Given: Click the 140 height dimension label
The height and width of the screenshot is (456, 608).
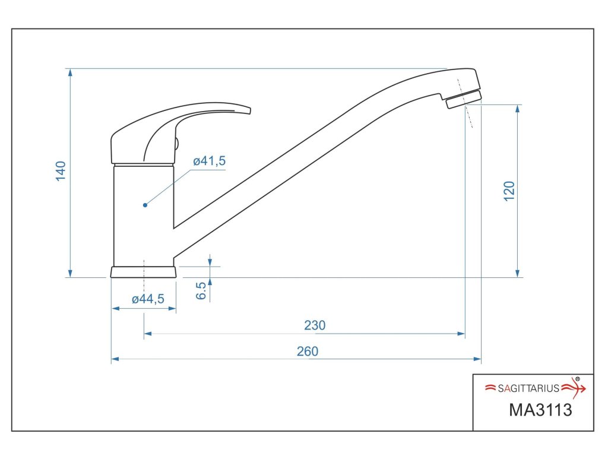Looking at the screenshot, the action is tap(61, 171).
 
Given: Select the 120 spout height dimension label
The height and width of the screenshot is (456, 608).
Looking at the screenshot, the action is tap(509, 191).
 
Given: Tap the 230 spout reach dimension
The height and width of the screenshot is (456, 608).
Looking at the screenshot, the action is tap(315, 325).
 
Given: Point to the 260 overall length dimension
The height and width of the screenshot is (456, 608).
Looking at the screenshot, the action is tap(308, 351).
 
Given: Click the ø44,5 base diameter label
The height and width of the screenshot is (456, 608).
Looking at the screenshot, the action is tap(148, 299).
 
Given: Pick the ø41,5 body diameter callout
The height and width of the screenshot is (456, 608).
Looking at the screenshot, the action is tap(210, 160).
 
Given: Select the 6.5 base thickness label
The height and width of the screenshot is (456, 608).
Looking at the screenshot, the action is tap(201, 290).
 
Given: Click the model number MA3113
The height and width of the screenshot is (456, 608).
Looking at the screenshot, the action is tap(540, 410).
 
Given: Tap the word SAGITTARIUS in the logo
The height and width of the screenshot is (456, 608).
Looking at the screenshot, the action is tap(528, 388).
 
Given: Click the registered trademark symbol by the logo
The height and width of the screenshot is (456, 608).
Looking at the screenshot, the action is tap(577, 379).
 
